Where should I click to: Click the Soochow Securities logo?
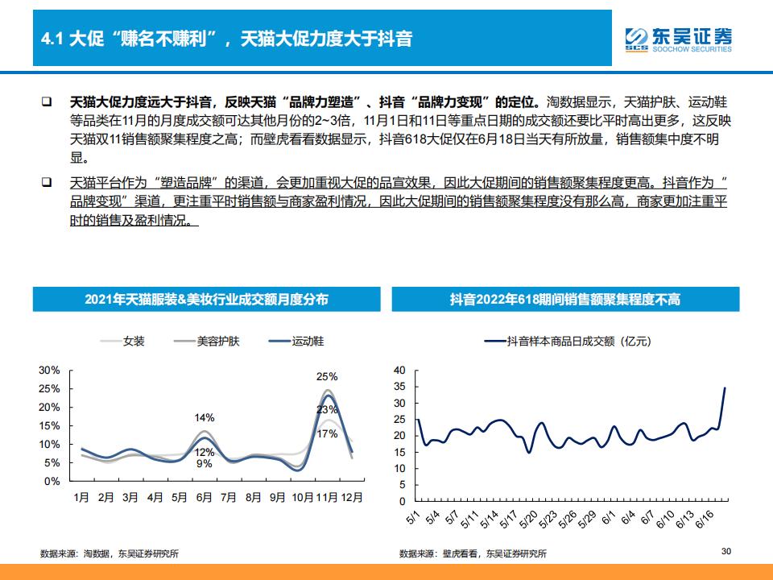(679, 39)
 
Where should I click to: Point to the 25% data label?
(326, 376)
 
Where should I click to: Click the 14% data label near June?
(205, 417)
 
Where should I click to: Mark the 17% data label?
(326, 434)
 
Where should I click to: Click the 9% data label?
(205, 464)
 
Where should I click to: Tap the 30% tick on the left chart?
(50, 370)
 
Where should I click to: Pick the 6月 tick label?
(205, 498)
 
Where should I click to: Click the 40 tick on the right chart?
(400, 370)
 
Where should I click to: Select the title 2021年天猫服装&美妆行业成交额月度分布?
(206, 300)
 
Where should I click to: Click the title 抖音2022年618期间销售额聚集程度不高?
(564, 300)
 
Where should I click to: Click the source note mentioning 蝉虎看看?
(473, 553)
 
